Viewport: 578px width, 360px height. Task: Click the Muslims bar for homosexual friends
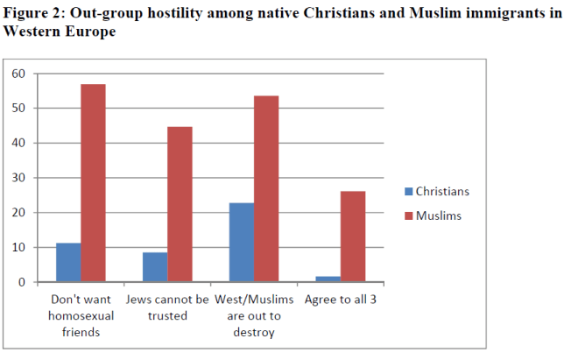tap(93, 183)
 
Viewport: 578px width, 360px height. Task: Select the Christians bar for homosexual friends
tap(67, 263)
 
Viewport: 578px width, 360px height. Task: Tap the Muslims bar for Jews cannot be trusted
tap(180, 205)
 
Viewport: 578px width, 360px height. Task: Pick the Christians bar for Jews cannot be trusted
tap(154, 267)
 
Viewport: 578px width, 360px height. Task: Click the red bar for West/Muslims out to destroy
tap(266, 189)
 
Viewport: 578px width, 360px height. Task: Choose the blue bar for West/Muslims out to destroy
tap(241, 243)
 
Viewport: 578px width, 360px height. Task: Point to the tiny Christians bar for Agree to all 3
tap(328, 279)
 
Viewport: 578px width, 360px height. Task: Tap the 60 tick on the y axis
tap(19, 74)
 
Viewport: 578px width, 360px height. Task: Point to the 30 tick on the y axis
tap(19, 178)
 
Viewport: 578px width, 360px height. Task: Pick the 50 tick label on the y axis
tap(19, 109)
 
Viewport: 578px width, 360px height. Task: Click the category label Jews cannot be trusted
tap(166, 307)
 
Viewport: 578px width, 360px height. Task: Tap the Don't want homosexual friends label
tap(80, 315)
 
